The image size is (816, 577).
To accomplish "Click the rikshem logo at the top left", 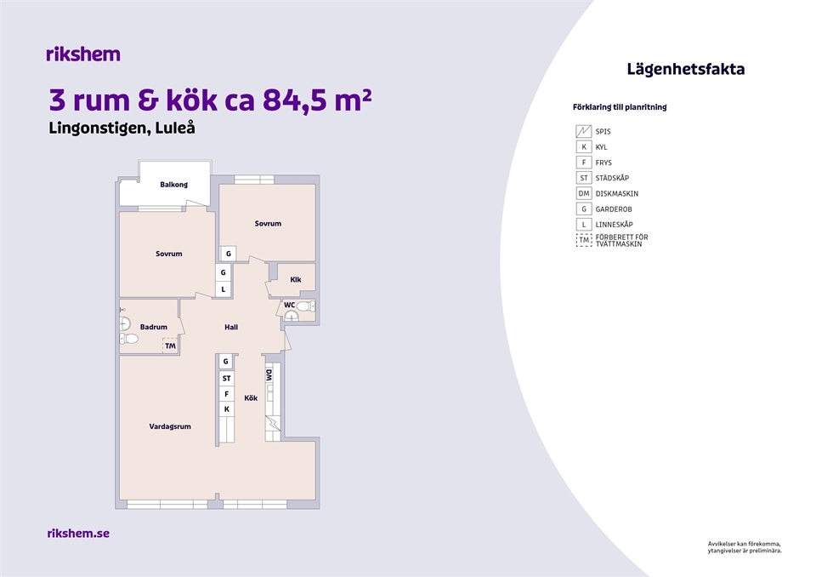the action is (83, 54).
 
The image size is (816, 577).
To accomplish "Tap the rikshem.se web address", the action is (78, 534).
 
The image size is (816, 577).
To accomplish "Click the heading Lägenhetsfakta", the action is (685, 69).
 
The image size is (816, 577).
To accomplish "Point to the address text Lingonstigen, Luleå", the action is (122, 129).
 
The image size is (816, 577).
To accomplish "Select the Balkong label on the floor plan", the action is (173, 185).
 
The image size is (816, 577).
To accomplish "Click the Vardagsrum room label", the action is (170, 426).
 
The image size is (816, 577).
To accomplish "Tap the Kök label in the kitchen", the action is (251, 397).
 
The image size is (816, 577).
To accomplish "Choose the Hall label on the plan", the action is (231, 328).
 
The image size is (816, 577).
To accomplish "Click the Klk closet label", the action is (296, 279).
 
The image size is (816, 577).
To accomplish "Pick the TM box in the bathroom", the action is (170, 346).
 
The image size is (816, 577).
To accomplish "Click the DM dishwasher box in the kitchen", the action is (269, 375).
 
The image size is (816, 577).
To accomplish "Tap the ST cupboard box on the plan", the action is (226, 379).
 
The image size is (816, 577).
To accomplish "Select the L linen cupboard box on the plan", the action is (224, 289).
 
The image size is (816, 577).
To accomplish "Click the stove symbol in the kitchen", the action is (273, 423).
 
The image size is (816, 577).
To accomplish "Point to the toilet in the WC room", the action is (305, 306).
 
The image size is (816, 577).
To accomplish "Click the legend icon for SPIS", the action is (583, 131).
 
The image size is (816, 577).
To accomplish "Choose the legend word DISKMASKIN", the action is (617, 193).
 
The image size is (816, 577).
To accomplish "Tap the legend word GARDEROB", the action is (614, 209).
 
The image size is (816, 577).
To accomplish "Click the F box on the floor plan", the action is (226, 394).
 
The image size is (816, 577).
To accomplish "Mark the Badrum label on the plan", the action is (154, 328).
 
